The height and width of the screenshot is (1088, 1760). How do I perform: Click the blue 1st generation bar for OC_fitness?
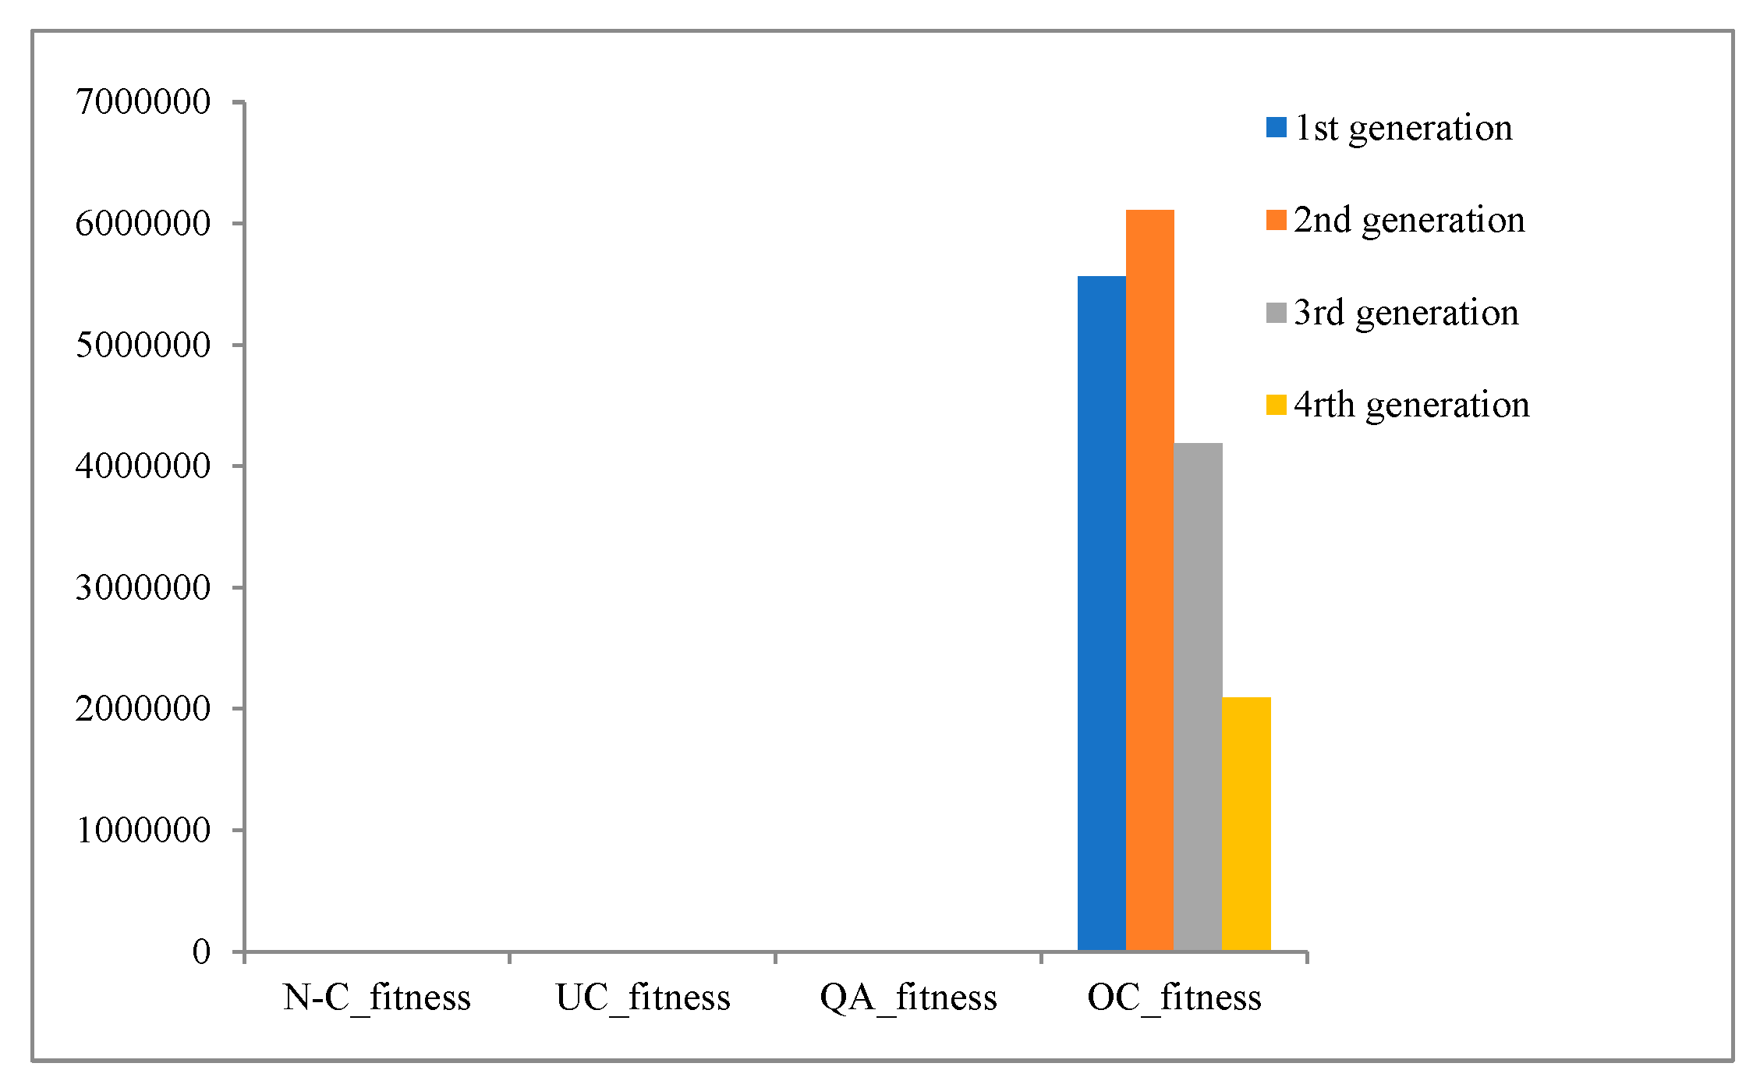1101,613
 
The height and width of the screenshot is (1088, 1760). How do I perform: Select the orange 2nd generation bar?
1149,580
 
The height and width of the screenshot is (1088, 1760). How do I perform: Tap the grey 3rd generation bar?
1198,696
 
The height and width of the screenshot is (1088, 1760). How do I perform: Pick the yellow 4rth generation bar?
1246,824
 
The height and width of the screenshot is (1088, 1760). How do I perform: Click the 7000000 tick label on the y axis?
143,102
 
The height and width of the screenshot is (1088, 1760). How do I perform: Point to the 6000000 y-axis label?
143,224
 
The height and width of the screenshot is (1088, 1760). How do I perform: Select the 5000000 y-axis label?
143,345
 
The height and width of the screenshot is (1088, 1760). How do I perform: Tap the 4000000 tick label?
143,466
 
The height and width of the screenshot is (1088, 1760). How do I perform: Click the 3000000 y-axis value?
143,587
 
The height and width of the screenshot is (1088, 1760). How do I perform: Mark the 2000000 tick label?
143,709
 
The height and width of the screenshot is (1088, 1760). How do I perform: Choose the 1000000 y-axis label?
143,830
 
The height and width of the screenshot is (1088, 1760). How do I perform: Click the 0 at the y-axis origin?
201,952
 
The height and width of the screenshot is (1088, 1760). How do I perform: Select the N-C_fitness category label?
377,998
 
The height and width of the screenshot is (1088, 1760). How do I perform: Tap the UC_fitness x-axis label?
643,998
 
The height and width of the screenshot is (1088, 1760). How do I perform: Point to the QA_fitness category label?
908,998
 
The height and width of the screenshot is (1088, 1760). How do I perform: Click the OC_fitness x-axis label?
1174,998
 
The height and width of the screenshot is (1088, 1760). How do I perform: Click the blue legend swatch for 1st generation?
1276,128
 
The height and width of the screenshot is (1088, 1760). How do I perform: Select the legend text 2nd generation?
1408,220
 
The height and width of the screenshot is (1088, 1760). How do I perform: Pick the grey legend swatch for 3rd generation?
1276,313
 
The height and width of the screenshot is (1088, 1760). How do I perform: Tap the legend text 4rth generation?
1411,405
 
